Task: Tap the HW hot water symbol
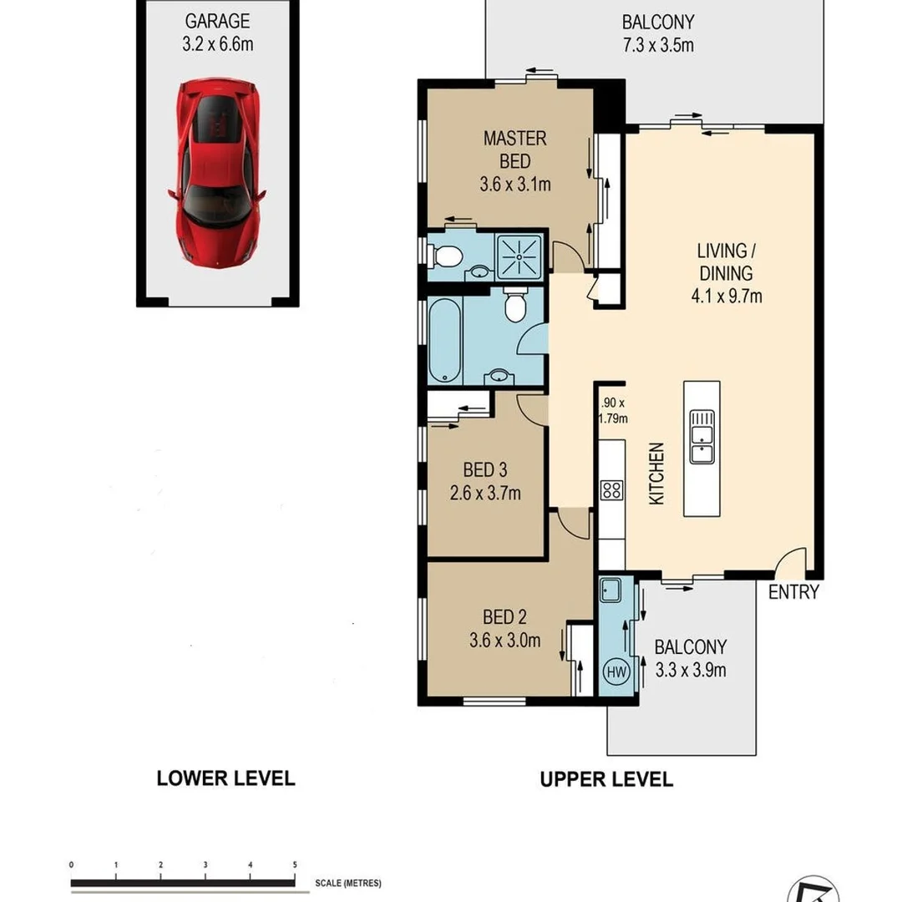[616, 671]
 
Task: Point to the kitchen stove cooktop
[611, 490]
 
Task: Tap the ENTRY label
[793, 592]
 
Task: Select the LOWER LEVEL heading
[225, 778]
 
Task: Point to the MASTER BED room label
[514, 149]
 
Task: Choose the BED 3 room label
[484, 470]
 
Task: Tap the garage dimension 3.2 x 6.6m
[217, 44]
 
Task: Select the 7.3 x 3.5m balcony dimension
[657, 44]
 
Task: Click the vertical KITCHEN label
[656, 474]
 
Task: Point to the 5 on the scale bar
[294, 865]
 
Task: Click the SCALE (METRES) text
[347, 884]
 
